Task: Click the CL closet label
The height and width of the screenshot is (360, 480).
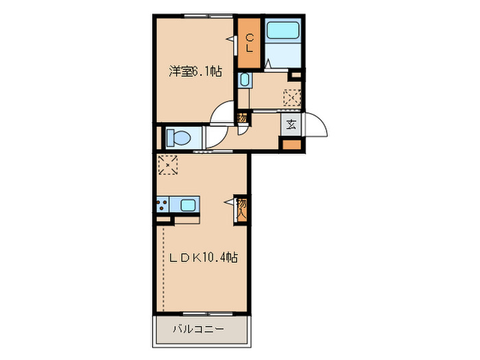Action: pyautogui.click(x=250, y=43)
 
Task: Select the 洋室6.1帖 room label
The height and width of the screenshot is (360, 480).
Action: pyautogui.click(x=195, y=71)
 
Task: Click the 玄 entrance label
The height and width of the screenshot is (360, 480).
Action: pyautogui.click(x=291, y=125)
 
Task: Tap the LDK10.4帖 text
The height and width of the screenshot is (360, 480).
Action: pyautogui.click(x=204, y=258)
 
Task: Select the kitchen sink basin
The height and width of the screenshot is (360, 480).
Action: pyautogui.click(x=187, y=204)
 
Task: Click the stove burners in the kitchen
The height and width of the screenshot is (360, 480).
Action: pyautogui.click(x=163, y=204)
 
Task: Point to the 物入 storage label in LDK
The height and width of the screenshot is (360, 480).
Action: pyautogui.click(x=242, y=208)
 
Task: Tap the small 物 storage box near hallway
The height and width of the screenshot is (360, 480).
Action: pyautogui.click(x=242, y=118)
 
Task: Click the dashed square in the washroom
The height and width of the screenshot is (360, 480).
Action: pyautogui.click(x=292, y=99)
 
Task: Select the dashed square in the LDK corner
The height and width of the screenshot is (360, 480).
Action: pyautogui.click(x=168, y=165)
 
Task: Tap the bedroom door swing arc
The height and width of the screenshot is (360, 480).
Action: pyautogui.click(x=224, y=112)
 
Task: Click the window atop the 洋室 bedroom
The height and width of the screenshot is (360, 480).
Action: pyautogui.click(x=196, y=15)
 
